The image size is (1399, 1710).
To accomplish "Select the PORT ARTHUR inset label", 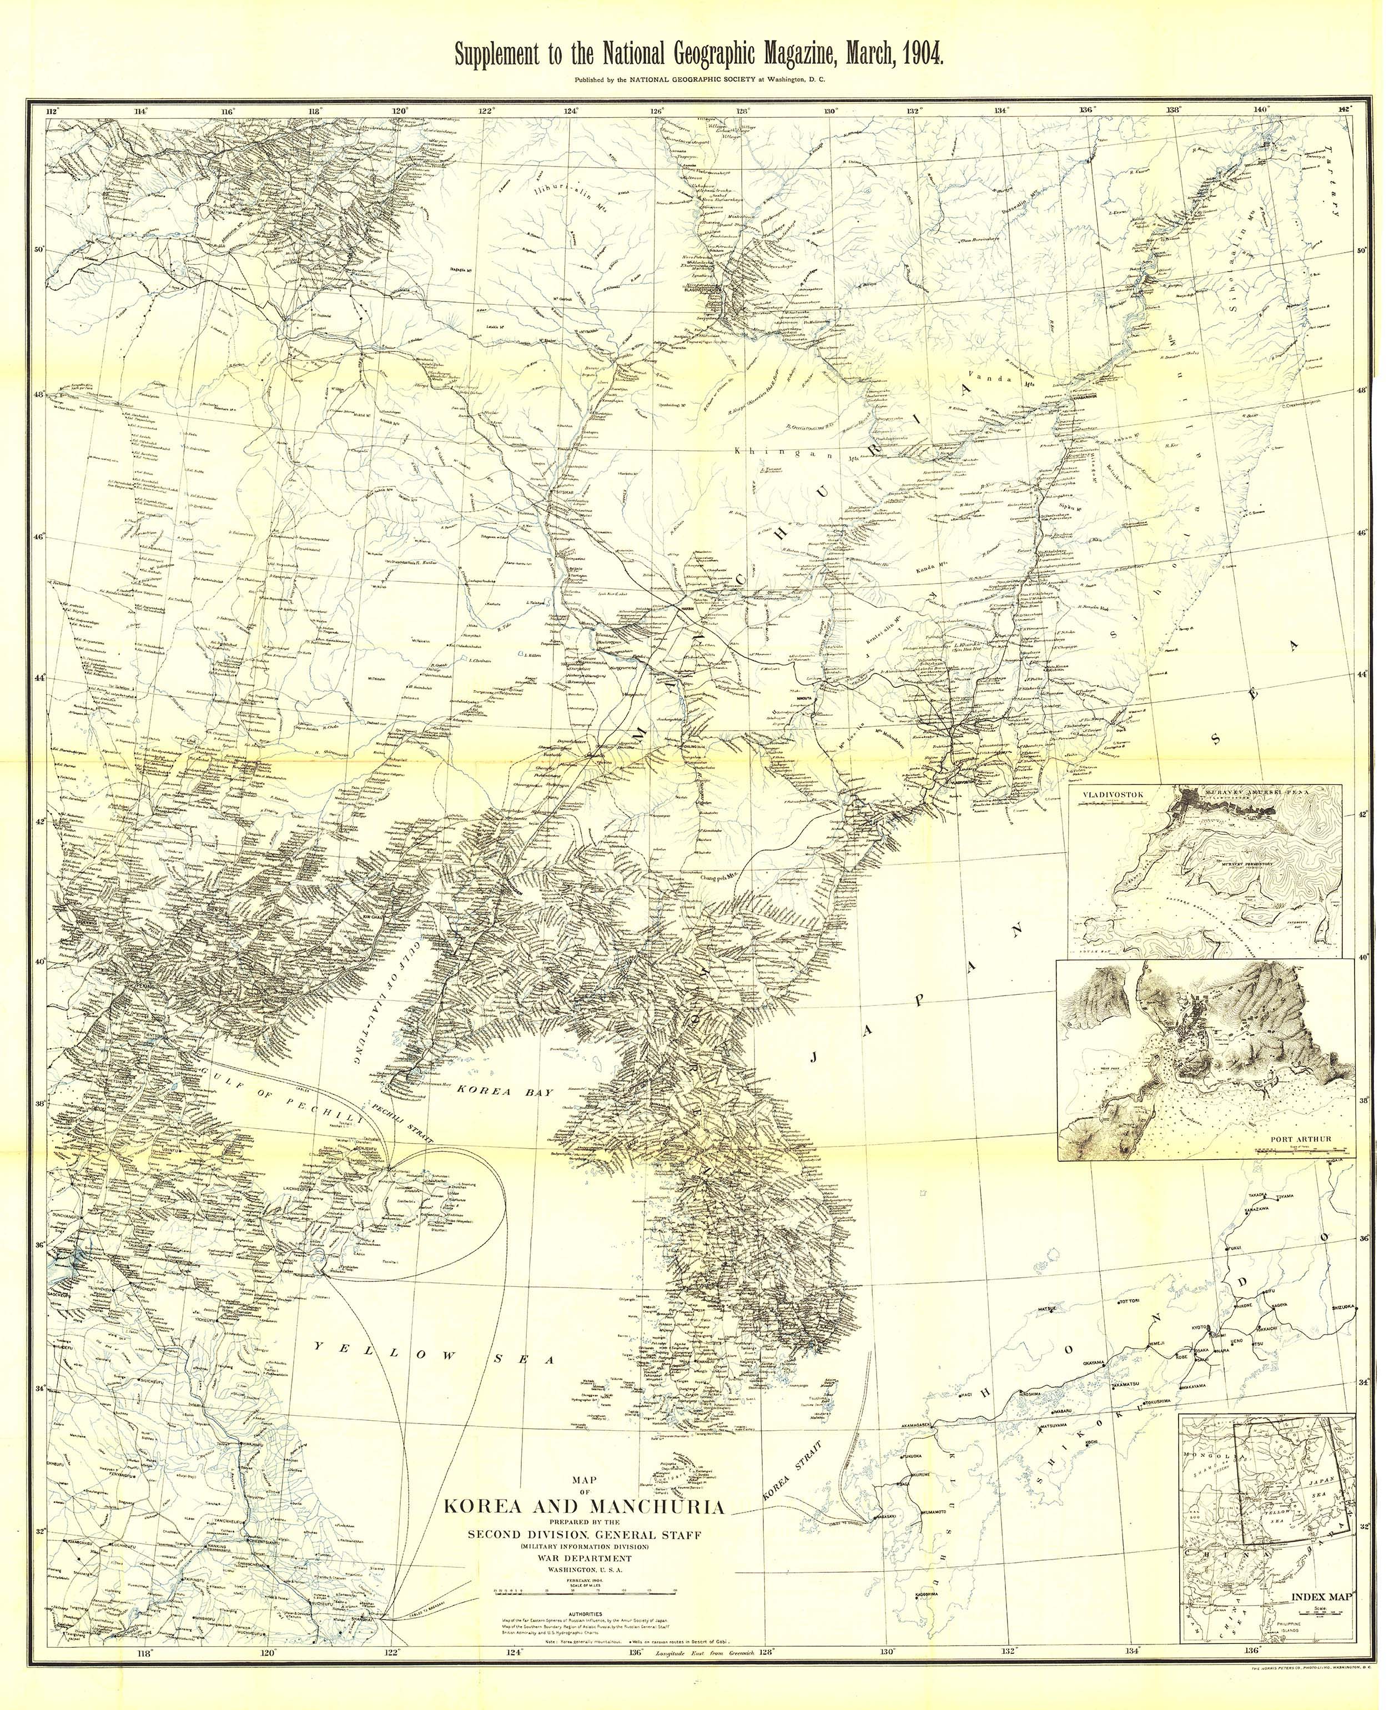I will click(x=1301, y=1139).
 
